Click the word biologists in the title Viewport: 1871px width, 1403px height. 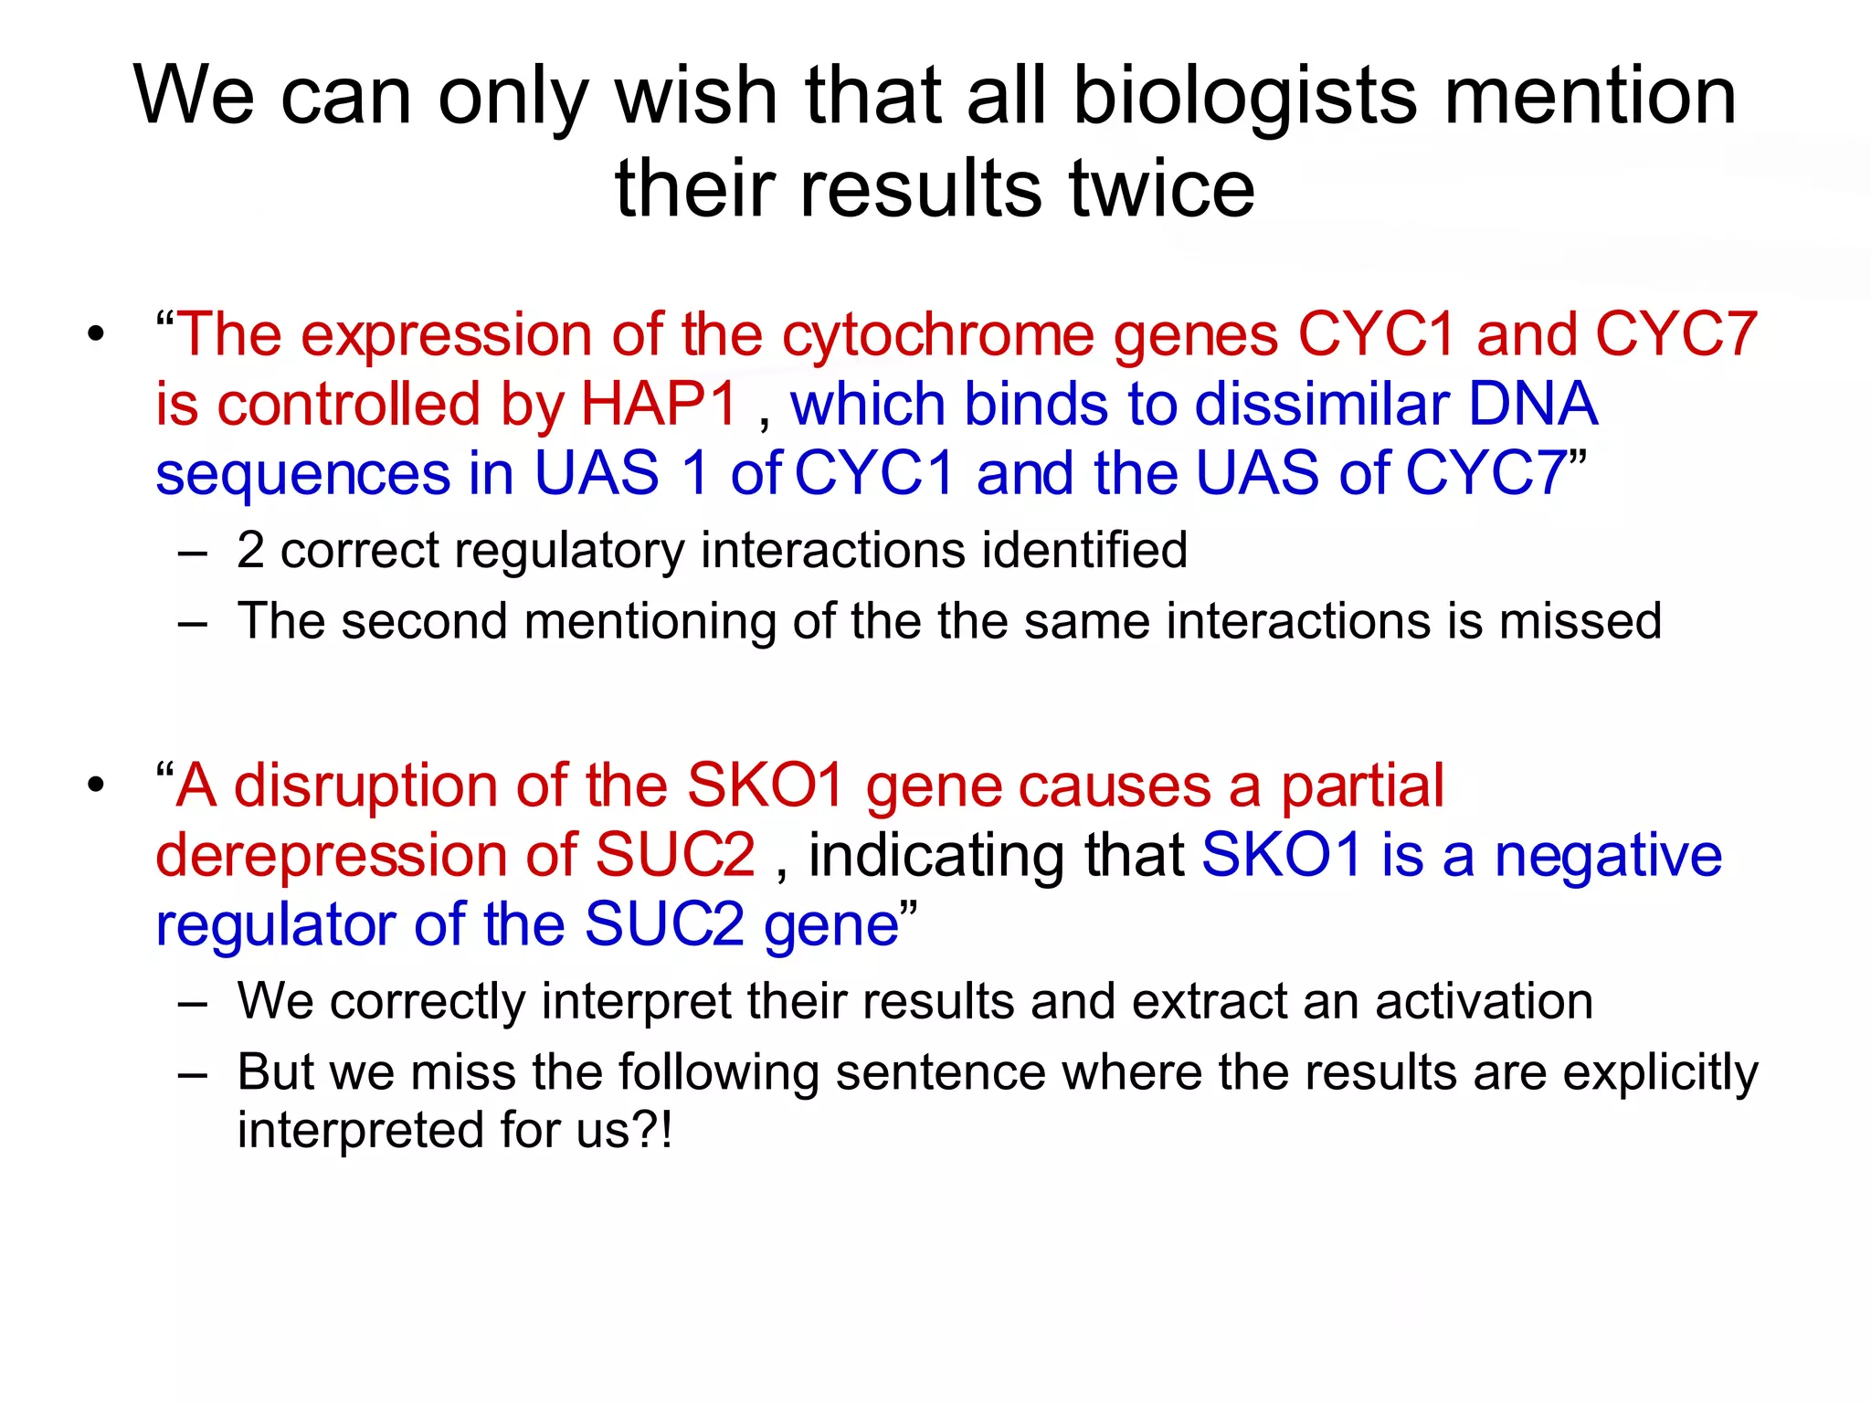coord(1244,97)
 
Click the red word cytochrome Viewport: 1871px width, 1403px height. coord(938,334)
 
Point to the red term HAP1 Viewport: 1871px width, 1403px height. coord(659,404)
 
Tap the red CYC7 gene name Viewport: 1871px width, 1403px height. coord(1676,334)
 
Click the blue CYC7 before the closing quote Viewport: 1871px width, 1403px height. coord(1486,473)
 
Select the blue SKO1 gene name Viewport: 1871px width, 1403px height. coord(1282,856)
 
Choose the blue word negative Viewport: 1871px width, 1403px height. coord(1608,856)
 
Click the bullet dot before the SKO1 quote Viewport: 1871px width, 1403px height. coord(96,785)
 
